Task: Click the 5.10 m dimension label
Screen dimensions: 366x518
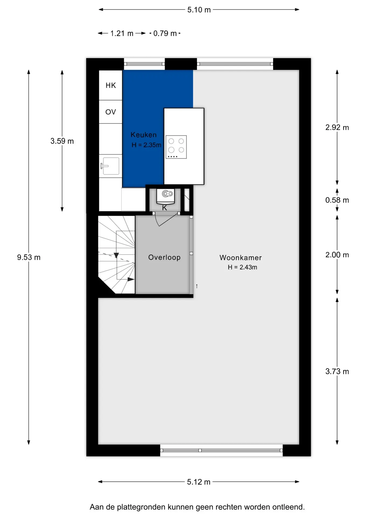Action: (199, 10)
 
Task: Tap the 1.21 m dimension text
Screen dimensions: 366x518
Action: (122, 33)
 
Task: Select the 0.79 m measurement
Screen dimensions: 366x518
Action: (165, 33)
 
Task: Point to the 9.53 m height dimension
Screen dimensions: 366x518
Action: (29, 257)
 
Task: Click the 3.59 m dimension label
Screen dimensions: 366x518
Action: (62, 141)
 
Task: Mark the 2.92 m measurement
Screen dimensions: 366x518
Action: (337, 127)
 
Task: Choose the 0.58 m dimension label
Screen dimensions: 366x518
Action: (337, 200)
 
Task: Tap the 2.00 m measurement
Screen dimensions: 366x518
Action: (337, 255)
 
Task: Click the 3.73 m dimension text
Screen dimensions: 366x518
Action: (337, 372)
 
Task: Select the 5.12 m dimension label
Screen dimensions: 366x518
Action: (199, 482)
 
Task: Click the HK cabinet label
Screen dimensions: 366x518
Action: (111, 86)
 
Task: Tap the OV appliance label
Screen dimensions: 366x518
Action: (111, 112)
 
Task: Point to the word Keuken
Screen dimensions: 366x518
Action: (144, 135)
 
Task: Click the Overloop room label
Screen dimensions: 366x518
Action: (164, 258)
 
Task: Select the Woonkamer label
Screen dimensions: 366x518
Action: (241, 258)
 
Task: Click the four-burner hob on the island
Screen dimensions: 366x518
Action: (176, 147)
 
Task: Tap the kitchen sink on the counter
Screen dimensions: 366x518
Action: (110, 166)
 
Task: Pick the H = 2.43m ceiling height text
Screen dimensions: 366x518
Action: (243, 267)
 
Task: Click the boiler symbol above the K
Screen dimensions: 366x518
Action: (165, 196)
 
